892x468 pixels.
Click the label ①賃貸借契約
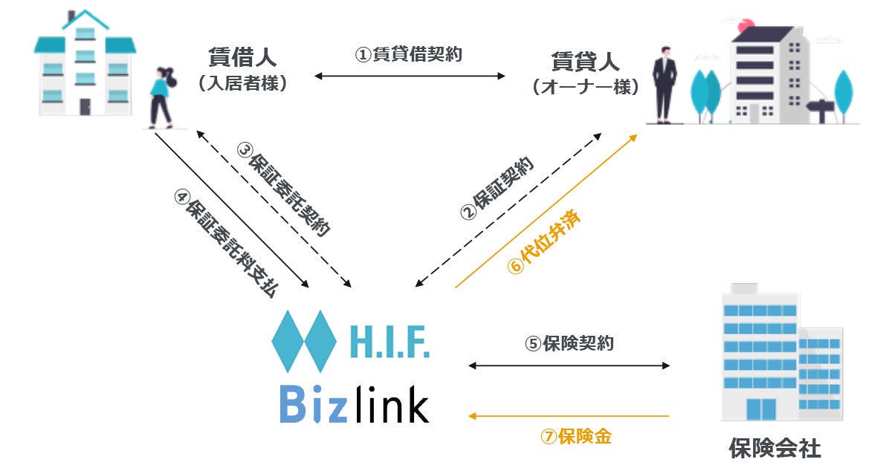pos(408,55)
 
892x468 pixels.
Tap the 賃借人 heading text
pos(243,58)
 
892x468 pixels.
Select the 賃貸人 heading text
pos(585,60)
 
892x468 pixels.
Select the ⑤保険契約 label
pos(569,344)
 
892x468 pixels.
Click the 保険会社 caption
pos(775,448)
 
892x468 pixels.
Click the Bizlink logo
pos(354,405)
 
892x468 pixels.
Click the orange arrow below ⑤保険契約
pos(569,416)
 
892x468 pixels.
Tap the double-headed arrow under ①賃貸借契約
pos(410,76)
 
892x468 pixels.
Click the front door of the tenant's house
pos(85,106)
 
